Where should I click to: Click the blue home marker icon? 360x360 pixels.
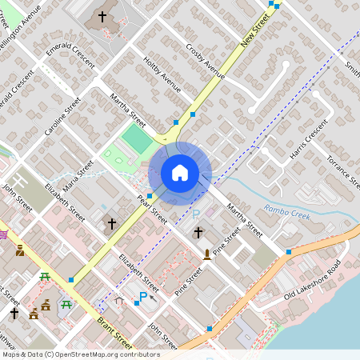tap(180, 172)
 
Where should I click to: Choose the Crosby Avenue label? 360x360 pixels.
tap(204, 60)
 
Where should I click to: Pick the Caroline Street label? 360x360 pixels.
tap(63, 117)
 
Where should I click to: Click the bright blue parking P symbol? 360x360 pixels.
tap(144, 298)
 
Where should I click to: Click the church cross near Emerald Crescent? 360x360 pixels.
tap(102, 16)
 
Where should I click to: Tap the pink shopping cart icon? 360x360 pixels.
tap(3, 234)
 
